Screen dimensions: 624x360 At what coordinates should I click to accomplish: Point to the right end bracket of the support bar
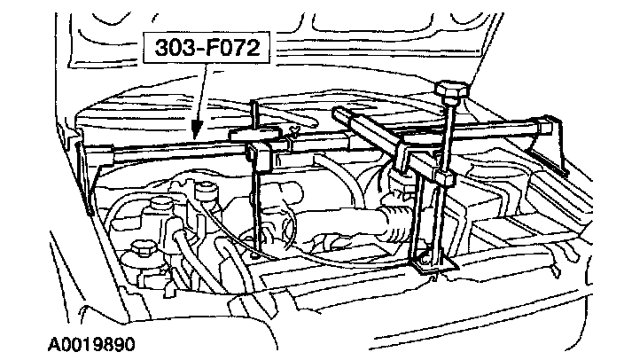(556, 146)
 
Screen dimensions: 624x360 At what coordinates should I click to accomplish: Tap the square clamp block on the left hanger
(260, 157)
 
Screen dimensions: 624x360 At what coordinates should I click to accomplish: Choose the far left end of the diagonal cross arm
(340, 113)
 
